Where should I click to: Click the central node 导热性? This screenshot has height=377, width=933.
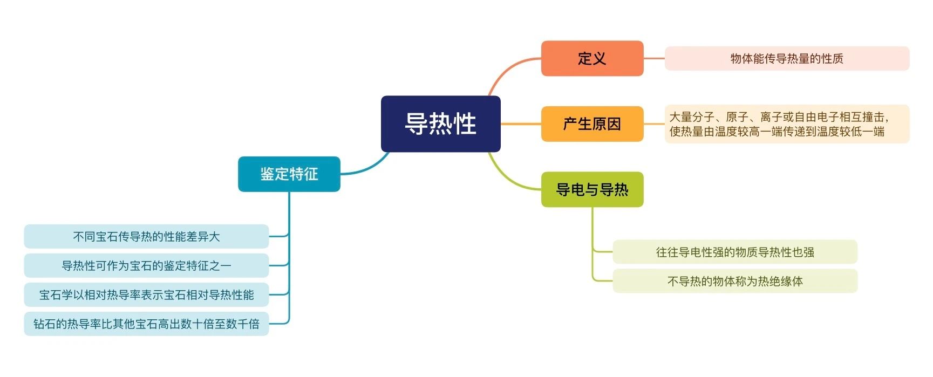(440, 124)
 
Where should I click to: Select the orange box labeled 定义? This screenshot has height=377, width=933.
(592, 58)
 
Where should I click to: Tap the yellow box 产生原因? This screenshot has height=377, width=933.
(592, 124)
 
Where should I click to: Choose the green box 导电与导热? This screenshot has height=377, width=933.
(592, 189)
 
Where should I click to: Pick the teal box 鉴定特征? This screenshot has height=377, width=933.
(289, 174)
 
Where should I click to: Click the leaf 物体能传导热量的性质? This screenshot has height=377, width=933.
(787, 58)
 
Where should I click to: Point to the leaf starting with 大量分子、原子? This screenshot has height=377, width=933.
(787, 124)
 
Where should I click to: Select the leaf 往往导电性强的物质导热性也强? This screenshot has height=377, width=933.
(735, 252)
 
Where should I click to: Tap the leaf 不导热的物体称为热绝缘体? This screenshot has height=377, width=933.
(735, 281)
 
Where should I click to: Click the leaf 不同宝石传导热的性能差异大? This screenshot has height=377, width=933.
(146, 236)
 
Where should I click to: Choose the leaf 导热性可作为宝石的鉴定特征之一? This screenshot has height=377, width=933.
(146, 265)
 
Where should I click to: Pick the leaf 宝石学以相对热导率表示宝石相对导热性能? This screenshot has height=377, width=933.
(146, 294)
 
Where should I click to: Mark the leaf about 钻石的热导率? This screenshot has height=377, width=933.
(146, 324)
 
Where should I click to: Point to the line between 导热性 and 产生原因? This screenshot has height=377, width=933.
(521, 124)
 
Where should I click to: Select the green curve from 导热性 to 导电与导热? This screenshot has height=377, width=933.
(507, 180)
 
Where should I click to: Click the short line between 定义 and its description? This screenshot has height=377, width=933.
(654, 58)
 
